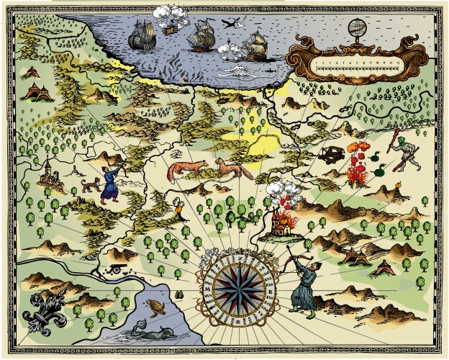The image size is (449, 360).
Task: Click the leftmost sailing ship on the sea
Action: (143, 32)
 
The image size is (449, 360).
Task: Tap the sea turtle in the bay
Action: (156, 307)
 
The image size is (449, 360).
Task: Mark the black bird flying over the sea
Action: (229, 23)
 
